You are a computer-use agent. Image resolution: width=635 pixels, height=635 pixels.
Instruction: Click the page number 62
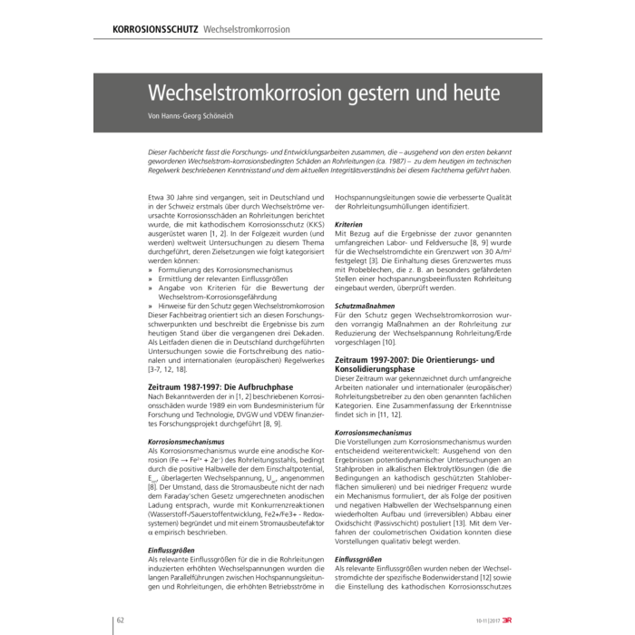coord(119,619)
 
